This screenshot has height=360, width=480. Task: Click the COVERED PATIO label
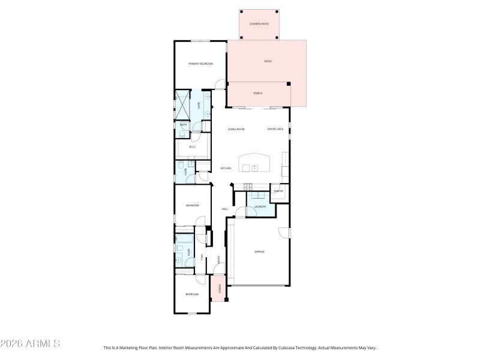point(259,24)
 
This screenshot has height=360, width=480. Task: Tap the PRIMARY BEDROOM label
point(200,64)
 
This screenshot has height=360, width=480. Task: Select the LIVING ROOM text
point(236,130)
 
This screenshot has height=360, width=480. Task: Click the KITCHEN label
point(226,168)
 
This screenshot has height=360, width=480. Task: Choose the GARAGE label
point(259,251)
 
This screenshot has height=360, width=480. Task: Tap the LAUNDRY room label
point(260,207)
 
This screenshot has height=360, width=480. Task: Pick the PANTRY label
point(278,191)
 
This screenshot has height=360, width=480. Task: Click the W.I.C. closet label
point(193,146)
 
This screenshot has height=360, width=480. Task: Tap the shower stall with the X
point(181,106)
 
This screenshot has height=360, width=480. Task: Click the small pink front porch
point(218,288)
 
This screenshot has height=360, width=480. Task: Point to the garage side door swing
point(284,232)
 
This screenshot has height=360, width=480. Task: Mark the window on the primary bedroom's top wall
point(200,41)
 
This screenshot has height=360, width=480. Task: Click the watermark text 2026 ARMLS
point(30,344)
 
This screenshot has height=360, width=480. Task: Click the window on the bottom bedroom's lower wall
point(192,313)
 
